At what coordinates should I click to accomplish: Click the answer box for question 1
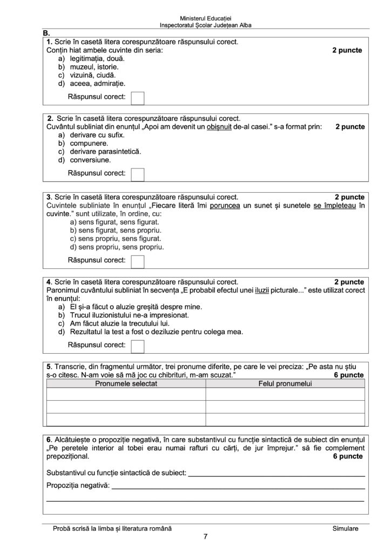point(138,98)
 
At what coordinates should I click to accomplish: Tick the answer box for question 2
point(138,174)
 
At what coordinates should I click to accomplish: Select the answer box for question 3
point(138,261)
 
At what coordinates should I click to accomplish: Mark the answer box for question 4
point(138,346)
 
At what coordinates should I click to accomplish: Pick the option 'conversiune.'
point(90,160)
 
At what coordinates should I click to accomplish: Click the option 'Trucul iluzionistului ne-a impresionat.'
point(129,314)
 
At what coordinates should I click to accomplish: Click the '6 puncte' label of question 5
point(349,375)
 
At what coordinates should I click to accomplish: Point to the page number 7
point(205,536)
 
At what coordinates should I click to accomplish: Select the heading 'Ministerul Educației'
point(205,18)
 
